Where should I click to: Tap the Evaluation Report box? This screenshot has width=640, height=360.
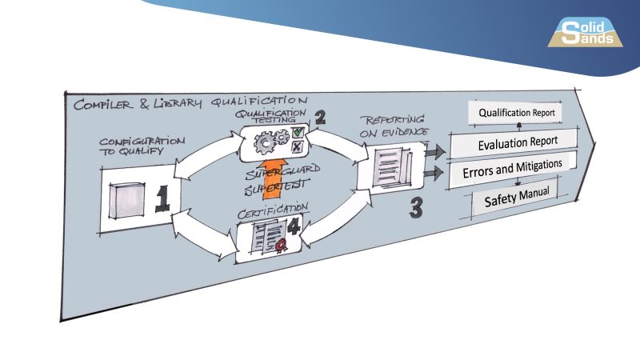tap(517, 143)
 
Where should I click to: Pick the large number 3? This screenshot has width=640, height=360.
tap(416, 206)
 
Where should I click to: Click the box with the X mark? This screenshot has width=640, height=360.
tap(297, 147)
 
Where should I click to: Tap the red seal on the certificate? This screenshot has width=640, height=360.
tap(282, 249)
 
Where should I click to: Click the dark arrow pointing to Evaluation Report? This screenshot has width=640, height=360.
tap(434, 152)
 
